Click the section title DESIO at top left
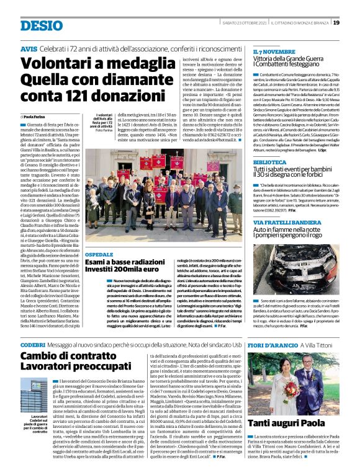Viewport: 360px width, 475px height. click(41, 24)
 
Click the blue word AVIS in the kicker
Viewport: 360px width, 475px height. click(29, 48)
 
